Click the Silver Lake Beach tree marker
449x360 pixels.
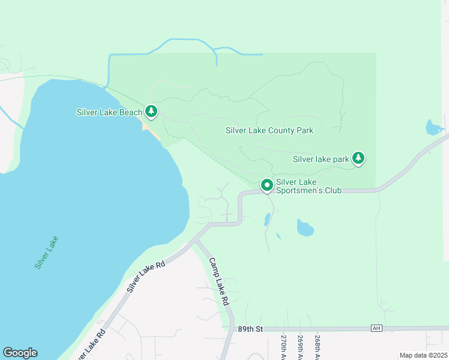[151, 112]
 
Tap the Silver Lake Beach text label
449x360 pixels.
[109, 112]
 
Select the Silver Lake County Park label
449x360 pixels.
[269, 130]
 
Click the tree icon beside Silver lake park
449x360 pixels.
[358, 158]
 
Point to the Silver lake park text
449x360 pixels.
[321, 160]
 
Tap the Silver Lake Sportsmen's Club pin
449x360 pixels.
[267, 186]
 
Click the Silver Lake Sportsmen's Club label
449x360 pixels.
[308, 186]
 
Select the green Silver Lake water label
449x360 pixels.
[46, 252]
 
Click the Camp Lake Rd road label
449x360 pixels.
[220, 282]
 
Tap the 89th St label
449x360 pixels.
[250, 329]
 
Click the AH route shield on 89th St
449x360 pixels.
[376, 328]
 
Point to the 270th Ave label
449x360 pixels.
[284, 347]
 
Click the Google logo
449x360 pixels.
[20, 353]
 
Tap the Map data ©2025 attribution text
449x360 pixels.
[423, 355]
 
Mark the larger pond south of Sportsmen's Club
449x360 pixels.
[305, 228]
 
